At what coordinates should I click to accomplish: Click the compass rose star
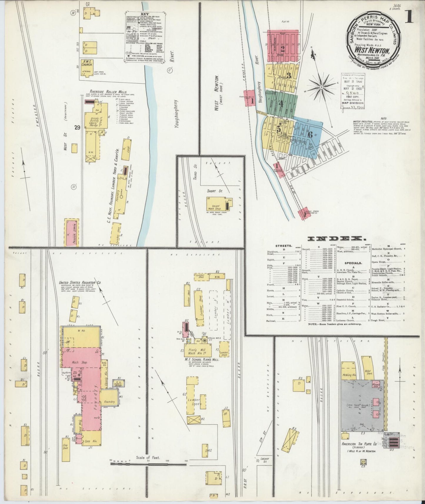(322, 87)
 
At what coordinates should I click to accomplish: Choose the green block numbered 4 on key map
(281, 104)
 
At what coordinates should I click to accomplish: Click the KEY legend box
(146, 37)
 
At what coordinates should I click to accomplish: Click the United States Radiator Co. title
(81, 282)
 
